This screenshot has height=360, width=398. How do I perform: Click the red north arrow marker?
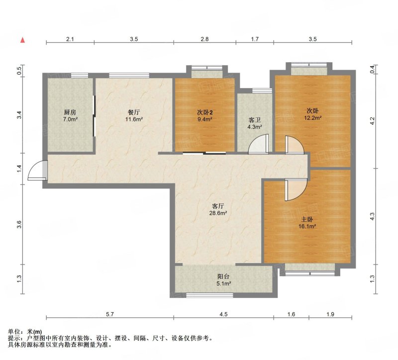pos(22,40)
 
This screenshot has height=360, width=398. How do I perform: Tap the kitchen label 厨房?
pos(70,112)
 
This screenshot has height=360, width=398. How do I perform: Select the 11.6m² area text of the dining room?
pos(134,119)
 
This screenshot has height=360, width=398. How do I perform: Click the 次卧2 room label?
pos(205,112)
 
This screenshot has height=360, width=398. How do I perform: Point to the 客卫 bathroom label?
pos(255,120)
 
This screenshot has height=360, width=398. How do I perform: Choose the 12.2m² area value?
pos(313,118)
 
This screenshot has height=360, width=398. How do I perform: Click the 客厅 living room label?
pos(218,206)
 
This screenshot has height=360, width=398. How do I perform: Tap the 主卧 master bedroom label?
pos(307,219)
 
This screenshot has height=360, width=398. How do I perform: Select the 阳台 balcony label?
pos(223,276)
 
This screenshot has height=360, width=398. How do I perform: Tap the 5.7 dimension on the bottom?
pos(109,314)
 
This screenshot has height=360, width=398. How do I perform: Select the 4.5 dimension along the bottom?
pos(223,314)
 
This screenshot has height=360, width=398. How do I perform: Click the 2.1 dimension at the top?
pos(70,39)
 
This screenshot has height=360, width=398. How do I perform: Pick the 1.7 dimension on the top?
pos(255,39)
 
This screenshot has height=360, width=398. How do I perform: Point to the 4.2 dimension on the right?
pos(372,121)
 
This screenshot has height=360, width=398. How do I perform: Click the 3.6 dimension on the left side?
pos(19,225)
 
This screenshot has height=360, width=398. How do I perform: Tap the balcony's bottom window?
pos(209,295)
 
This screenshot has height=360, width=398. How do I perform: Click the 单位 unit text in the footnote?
pos(14,332)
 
